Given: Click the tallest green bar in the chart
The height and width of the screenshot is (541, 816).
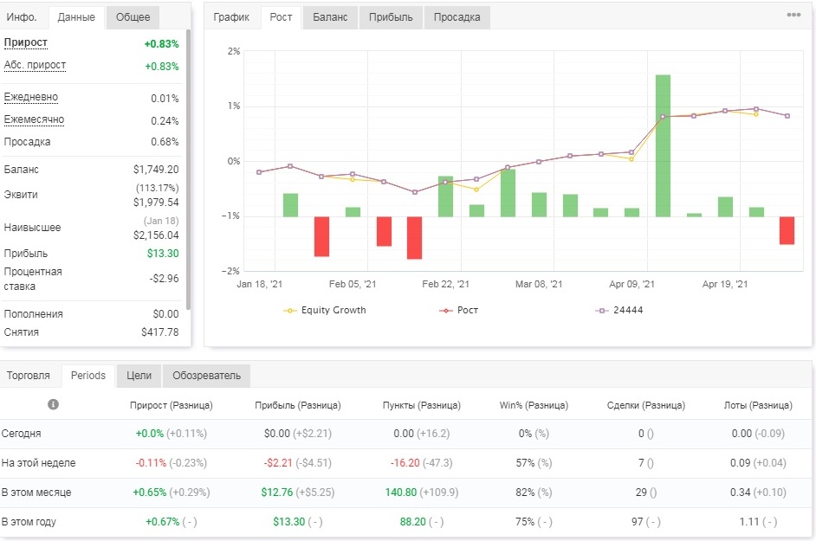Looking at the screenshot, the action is (663, 145).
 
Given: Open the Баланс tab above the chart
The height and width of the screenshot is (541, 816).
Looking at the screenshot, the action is (330, 17).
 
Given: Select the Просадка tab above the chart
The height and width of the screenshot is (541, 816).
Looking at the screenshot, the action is (457, 17).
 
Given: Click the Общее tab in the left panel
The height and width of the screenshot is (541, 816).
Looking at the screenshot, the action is (133, 17).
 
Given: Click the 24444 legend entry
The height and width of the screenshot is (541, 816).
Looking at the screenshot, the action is (619, 310).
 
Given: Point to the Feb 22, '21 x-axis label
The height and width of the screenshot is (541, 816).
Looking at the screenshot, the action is (445, 284).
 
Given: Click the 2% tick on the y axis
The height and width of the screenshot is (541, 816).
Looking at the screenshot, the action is (234, 51).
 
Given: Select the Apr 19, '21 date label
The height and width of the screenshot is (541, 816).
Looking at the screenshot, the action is (725, 284).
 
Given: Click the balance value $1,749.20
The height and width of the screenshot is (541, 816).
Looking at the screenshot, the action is (156, 169).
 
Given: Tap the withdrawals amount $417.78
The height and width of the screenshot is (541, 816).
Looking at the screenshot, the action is (159, 332).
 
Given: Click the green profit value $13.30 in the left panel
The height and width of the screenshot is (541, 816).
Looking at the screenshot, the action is (162, 254).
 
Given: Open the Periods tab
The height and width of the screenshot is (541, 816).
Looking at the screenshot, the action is (88, 376).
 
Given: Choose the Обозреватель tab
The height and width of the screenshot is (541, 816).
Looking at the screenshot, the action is (207, 376).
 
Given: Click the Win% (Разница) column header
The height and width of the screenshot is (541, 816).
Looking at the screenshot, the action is (534, 405).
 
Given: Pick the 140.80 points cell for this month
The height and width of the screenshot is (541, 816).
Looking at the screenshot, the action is (401, 493).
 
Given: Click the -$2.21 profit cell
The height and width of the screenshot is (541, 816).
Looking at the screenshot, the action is (277, 463).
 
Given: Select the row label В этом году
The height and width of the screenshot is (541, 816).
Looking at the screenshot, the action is (29, 522).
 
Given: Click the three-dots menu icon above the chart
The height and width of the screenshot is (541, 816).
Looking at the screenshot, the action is (793, 15).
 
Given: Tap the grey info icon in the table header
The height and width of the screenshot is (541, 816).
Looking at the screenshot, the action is (53, 404).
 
